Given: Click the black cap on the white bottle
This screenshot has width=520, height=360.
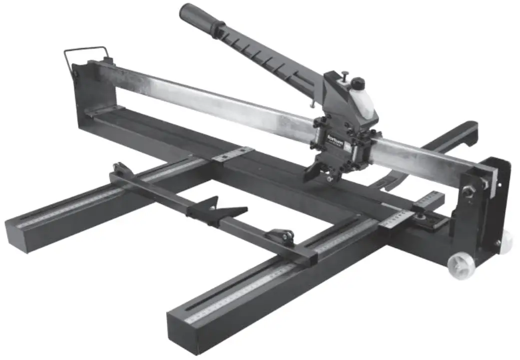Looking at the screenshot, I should coord(358,82).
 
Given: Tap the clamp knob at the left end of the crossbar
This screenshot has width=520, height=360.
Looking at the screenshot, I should coord(120,168).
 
